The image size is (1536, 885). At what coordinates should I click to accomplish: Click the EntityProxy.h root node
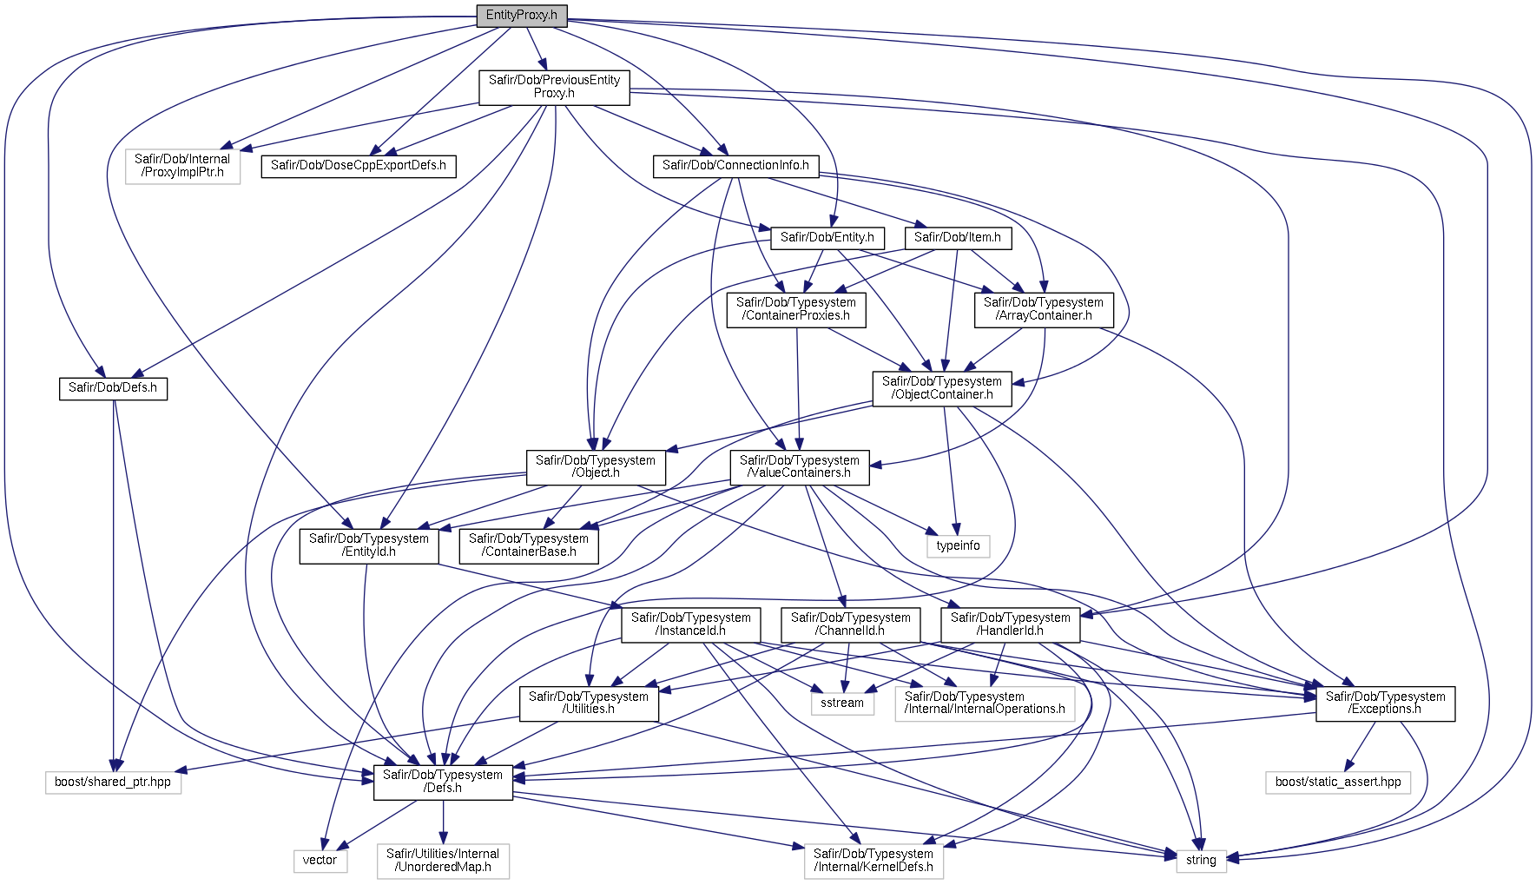pos(521,16)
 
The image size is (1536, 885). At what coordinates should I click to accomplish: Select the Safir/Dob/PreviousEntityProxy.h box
pos(554,87)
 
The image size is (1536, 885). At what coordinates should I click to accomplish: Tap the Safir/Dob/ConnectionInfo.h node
pos(735,165)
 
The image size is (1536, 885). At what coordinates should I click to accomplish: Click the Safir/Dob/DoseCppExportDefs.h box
pos(358,165)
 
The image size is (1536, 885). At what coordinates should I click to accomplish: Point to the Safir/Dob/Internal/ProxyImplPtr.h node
pos(182,166)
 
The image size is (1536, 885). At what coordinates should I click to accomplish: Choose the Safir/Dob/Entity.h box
pos(827,237)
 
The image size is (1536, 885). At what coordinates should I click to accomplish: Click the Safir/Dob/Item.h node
pos(957,237)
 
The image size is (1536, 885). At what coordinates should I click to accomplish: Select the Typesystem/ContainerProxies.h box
pos(795,309)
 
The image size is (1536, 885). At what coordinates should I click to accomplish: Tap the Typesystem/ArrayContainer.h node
pos(1043,309)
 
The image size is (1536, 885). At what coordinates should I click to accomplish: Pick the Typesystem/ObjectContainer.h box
pos(941,388)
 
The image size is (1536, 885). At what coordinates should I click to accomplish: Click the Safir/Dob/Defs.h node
pos(113,387)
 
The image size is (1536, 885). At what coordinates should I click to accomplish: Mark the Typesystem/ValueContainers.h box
pos(799,467)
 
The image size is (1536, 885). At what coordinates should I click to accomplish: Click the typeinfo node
pos(958,545)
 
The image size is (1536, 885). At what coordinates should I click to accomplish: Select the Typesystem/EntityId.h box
pos(368,545)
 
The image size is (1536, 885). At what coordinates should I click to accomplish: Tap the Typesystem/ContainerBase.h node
pos(528,545)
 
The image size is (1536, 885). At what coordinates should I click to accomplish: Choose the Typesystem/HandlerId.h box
pos(1010,624)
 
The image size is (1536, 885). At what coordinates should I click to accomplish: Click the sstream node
pos(841,703)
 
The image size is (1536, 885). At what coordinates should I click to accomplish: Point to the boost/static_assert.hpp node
pos(1337,782)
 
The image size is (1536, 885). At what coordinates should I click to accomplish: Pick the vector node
pos(320,860)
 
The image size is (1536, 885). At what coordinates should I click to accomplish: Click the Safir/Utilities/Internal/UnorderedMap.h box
pos(443,861)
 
